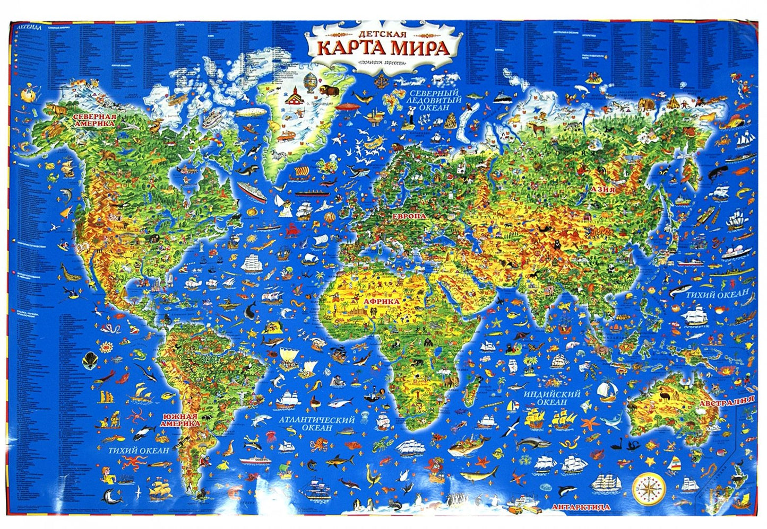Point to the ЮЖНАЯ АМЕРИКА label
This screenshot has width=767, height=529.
pos(181,420)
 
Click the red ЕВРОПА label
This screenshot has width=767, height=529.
pos(409,218)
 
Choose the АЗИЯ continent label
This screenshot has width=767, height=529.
pos(602,189)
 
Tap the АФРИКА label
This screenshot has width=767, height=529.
pos(381,302)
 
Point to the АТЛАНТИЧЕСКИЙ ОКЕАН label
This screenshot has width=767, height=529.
pos(316,423)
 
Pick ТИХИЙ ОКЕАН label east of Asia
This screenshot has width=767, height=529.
pos(717,294)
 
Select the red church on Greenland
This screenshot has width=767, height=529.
pos(293,95)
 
